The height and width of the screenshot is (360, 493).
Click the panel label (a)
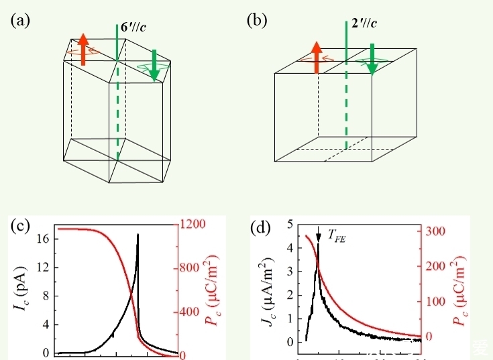point(19,21)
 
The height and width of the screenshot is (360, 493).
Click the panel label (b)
point(256,21)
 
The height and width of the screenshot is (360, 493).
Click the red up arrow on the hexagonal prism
point(83,49)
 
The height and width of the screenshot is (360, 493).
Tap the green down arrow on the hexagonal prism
point(154,65)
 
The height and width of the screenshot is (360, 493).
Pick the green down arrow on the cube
point(372,59)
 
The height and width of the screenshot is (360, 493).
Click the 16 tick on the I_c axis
point(42,239)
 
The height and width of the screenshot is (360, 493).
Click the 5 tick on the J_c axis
point(290,225)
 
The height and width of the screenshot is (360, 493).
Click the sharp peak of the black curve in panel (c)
point(138,235)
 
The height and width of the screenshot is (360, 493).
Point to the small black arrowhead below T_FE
point(319,246)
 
